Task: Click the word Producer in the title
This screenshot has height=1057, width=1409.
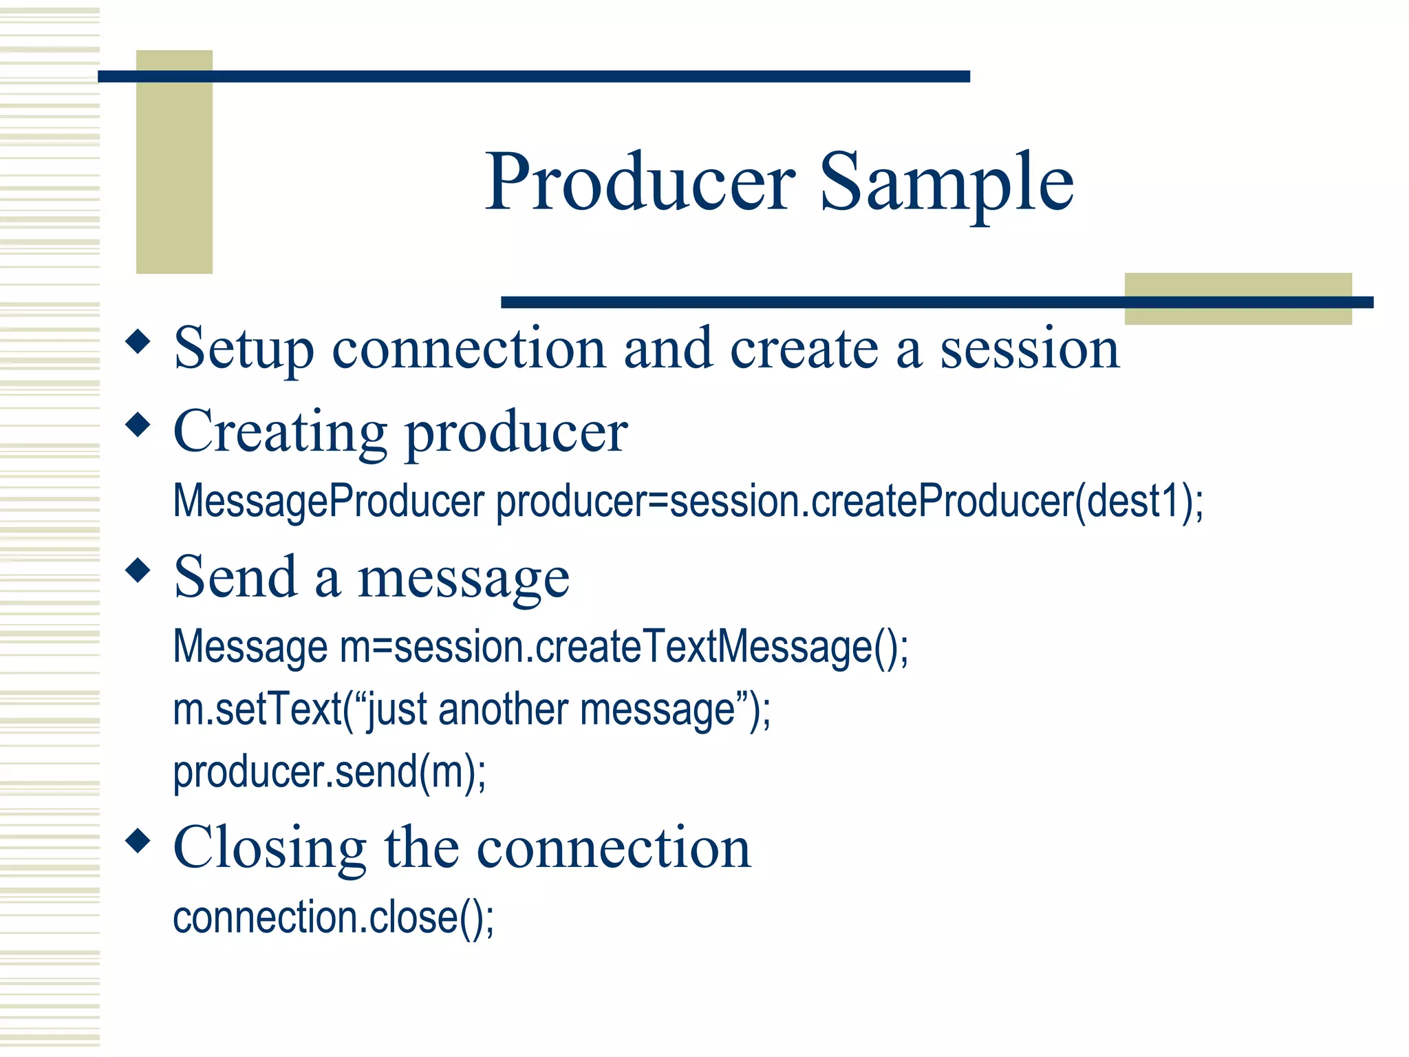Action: [x=641, y=182]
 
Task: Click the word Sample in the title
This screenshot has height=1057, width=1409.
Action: [x=946, y=182]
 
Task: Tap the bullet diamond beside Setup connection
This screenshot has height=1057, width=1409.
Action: [x=138, y=341]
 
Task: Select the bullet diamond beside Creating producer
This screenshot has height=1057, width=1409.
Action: [x=138, y=425]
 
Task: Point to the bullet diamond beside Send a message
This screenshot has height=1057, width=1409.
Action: [x=138, y=570]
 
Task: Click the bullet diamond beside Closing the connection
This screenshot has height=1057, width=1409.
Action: [x=138, y=840]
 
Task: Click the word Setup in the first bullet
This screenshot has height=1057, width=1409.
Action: [x=244, y=350]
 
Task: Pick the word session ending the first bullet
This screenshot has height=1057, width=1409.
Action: [x=1029, y=350]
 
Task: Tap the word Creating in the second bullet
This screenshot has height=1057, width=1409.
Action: [x=279, y=432]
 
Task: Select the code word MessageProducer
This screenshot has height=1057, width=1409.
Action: [x=328, y=501]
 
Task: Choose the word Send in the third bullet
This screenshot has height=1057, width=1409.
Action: [x=235, y=577]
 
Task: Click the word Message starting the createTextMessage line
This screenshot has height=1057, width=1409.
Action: [x=250, y=647]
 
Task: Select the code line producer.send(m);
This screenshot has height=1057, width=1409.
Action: [x=329, y=772]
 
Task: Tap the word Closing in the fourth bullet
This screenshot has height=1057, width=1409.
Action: [x=270, y=848]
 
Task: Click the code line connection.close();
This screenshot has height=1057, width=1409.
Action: [x=333, y=918]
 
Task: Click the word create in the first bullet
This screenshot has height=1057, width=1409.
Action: [x=804, y=350]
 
